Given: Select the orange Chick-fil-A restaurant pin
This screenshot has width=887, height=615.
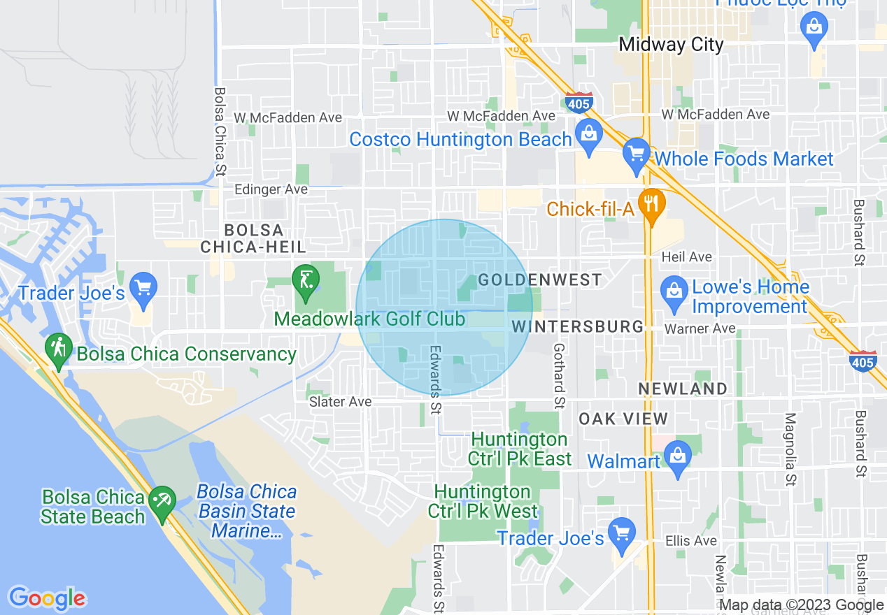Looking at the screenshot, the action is click(x=652, y=202).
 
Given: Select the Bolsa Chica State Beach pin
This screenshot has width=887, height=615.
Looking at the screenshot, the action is click(x=163, y=500).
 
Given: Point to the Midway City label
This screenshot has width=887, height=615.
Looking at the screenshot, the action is click(x=671, y=45).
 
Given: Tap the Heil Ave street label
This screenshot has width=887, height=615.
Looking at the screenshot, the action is click(x=687, y=257).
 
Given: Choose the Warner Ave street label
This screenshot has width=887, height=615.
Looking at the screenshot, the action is click(x=700, y=328).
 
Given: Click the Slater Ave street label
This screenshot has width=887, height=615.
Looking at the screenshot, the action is click(x=341, y=402).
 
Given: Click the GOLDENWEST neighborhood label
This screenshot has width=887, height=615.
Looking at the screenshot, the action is click(x=540, y=280).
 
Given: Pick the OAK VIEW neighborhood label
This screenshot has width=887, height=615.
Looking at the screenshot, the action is click(x=623, y=419).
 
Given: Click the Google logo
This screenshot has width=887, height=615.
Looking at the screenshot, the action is click(x=47, y=598).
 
